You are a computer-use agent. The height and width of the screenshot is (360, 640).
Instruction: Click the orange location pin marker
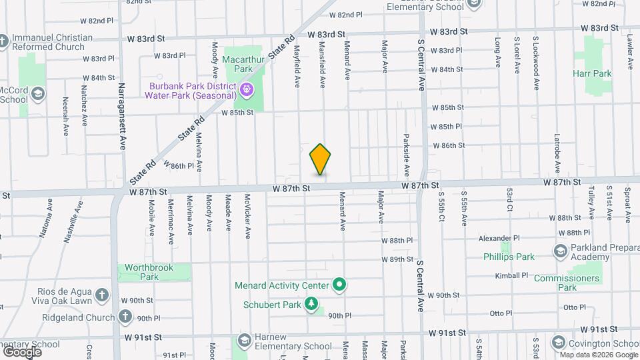point(320,159)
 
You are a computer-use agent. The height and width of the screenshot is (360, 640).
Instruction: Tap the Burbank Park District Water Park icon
point(246,88)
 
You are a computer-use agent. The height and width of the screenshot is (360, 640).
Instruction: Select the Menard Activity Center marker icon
point(339,285)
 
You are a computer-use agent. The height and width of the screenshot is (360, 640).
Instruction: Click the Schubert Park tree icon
point(311,304)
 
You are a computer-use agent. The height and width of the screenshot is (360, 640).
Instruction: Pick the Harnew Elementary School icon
point(244,340)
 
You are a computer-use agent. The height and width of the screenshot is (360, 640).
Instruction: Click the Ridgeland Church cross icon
point(125,318)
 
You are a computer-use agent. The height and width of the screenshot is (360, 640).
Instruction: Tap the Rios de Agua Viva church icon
point(101,294)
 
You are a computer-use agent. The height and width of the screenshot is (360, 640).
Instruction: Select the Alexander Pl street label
point(499,238)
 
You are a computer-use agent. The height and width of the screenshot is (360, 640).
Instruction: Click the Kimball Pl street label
point(511,275)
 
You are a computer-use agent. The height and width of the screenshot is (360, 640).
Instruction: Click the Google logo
point(22,351)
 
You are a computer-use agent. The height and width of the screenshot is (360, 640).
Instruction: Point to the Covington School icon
point(559,342)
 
